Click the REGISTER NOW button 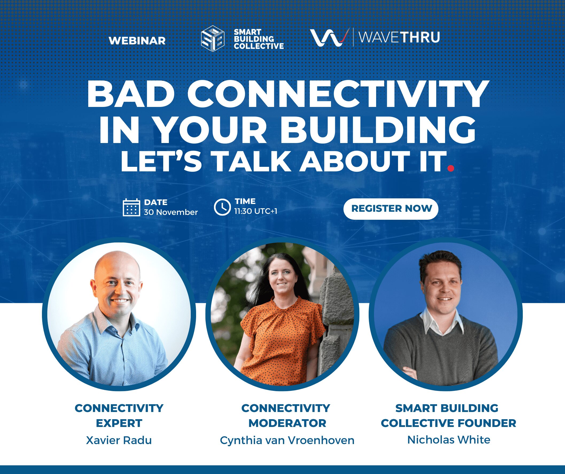[x=391, y=209]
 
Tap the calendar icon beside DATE [x=131, y=207]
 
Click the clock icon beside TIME [x=222, y=207]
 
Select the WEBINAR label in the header [x=137, y=41]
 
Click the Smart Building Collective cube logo [x=213, y=38]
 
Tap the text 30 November [x=171, y=212]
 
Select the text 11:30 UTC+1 [x=256, y=211]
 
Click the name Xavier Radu [x=119, y=440]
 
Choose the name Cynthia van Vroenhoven [x=287, y=440]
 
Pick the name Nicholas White [x=449, y=440]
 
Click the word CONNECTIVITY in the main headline [x=338, y=94]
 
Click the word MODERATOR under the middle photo [x=287, y=423]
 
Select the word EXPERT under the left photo [x=119, y=423]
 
